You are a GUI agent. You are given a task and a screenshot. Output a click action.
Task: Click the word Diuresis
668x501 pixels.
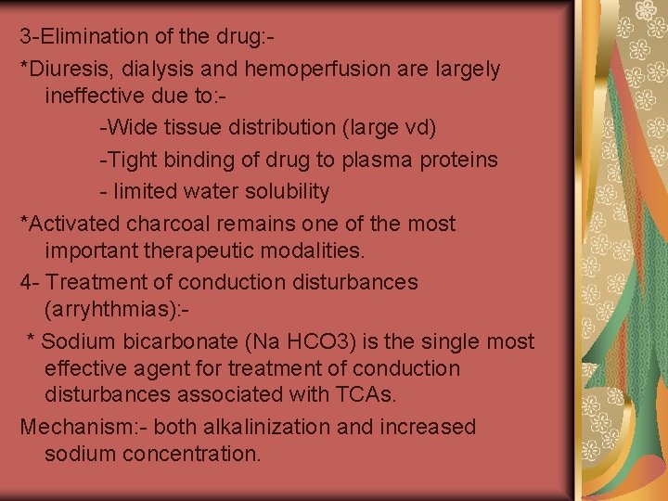click(66, 69)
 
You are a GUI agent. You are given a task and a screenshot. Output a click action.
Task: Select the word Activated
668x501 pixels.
click(73, 224)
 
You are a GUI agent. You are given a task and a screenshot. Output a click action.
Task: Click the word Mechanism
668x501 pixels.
click(68, 428)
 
